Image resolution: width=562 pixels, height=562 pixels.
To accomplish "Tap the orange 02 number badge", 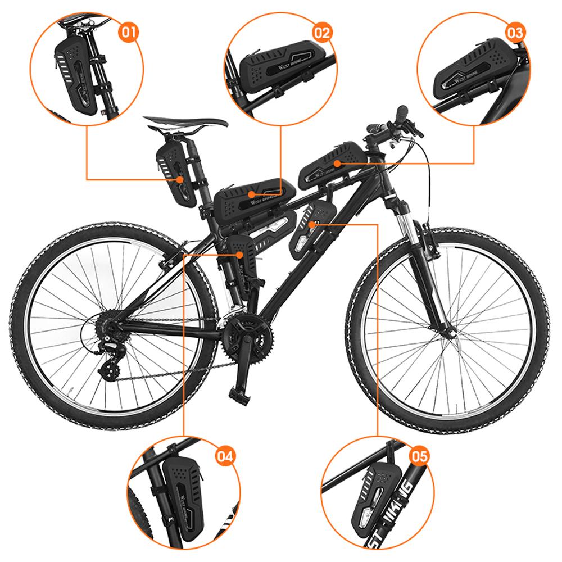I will coord(321,31).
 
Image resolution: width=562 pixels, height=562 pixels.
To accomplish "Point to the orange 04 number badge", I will coord(224,456).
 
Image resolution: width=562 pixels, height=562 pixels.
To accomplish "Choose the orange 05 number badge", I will coord(419,456).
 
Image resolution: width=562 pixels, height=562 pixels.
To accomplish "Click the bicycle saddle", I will coord(185,122).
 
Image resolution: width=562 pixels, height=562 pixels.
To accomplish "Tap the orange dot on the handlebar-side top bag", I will coord(336,164).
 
